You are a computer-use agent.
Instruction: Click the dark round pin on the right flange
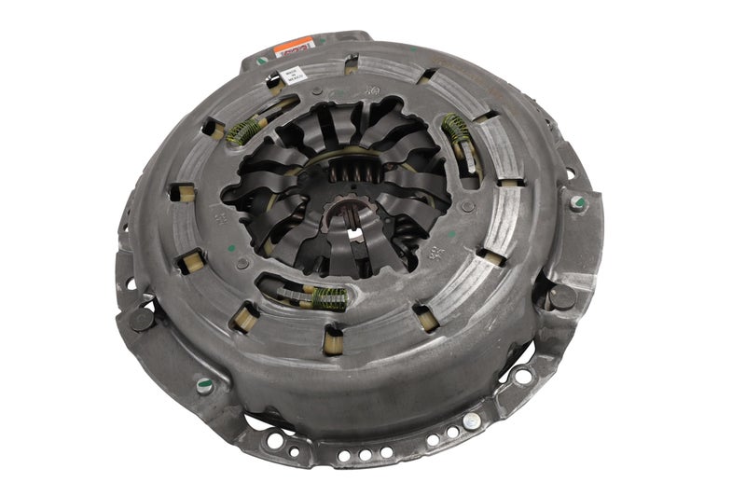pyautogui.click(x=561, y=296)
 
